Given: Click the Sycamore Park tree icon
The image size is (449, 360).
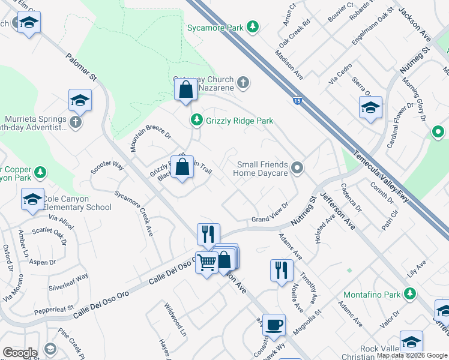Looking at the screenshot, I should pyautogui.click(x=253, y=27).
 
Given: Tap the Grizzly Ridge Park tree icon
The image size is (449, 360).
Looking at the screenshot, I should pyautogui.click(x=196, y=121).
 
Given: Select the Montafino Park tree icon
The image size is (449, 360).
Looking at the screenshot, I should pyautogui.click(x=410, y=294).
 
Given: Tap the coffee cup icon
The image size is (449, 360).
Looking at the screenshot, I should pyautogui.click(x=274, y=325).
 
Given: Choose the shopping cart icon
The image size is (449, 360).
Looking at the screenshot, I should pyautogui.click(x=206, y=262).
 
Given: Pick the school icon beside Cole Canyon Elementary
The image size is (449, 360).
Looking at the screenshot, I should pyautogui.click(x=32, y=200).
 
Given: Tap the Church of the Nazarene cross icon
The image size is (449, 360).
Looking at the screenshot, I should pyautogui.click(x=243, y=83).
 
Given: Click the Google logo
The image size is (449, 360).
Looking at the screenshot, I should pyautogui.click(x=20, y=353).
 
